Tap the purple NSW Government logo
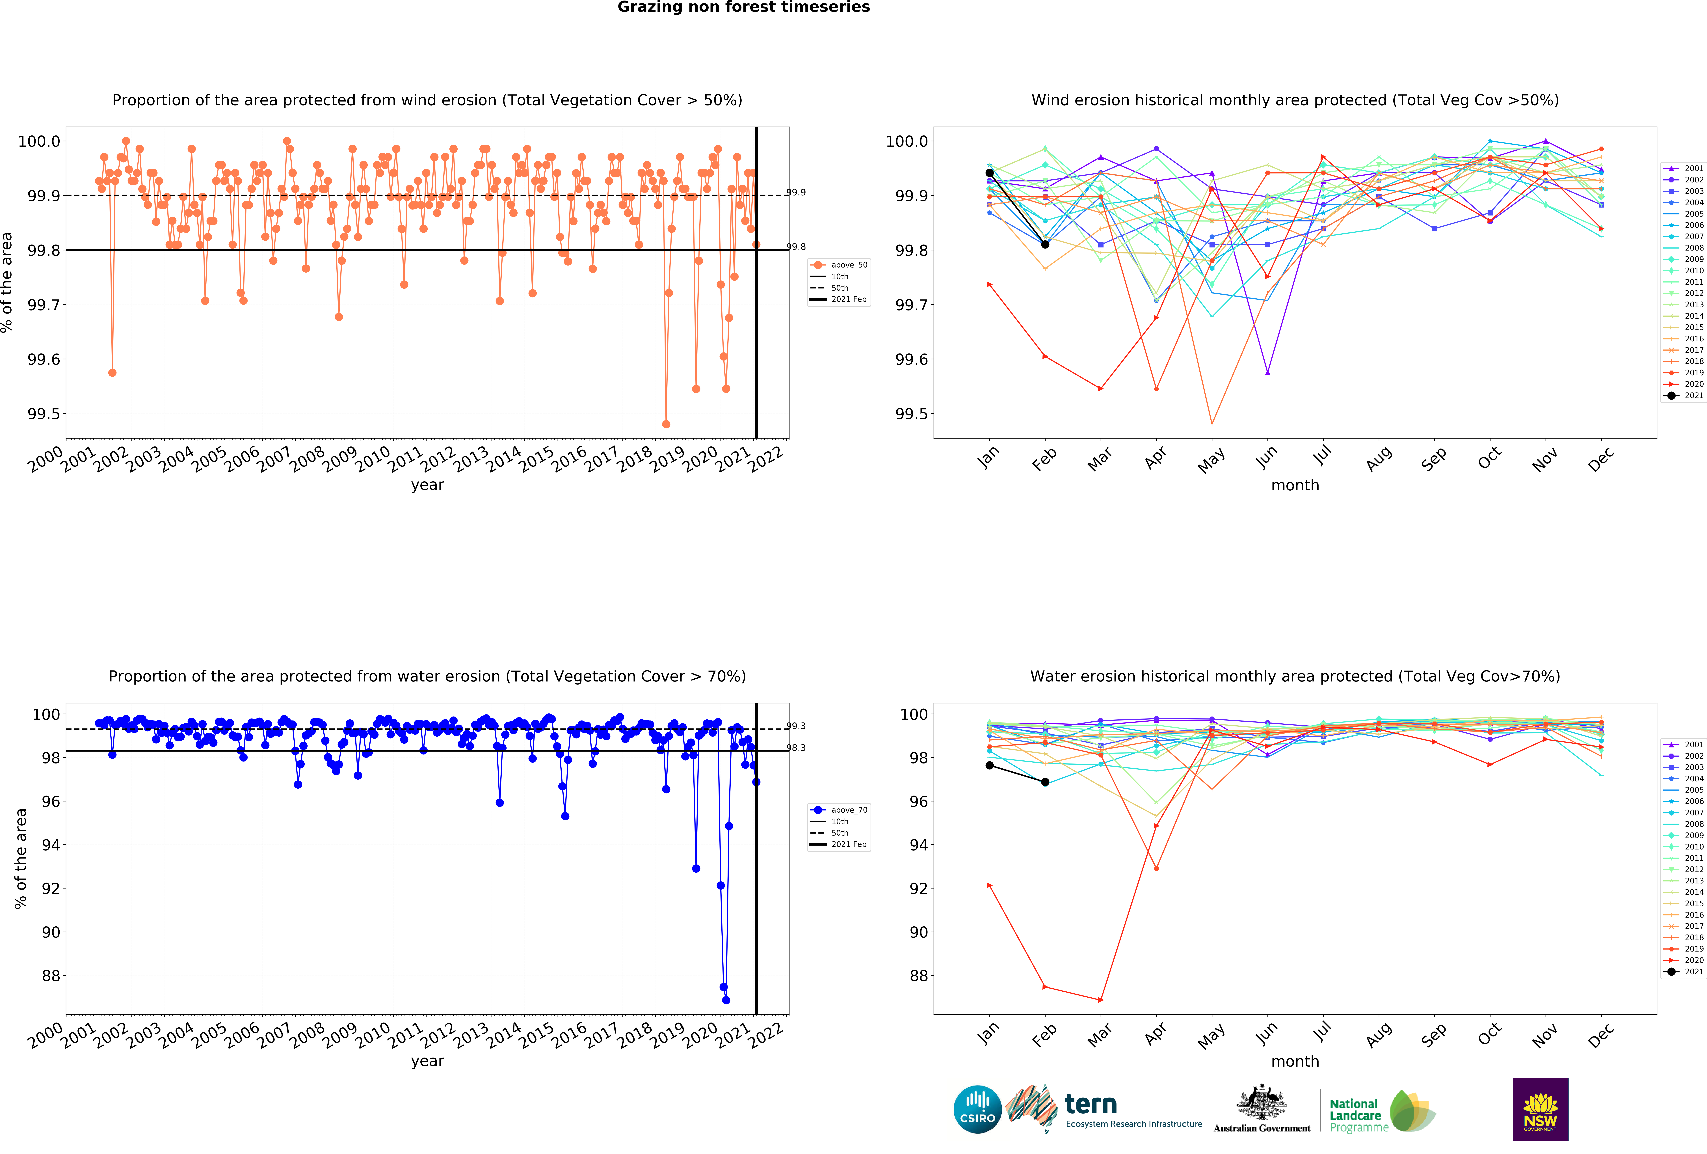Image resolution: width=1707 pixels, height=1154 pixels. [x=1540, y=1109]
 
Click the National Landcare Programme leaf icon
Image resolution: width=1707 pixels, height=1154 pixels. [x=1412, y=1111]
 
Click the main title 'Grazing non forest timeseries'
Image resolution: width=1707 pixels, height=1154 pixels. [x=743, y=7]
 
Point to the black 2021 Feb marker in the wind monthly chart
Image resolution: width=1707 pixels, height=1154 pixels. [x=1045, y=245]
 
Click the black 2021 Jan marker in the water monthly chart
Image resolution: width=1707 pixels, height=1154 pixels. [x=989, y=765]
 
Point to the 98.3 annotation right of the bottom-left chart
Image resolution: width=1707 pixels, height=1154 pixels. [x=796, y=748]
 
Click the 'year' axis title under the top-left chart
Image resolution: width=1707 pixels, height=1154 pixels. [x=427, y=485]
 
